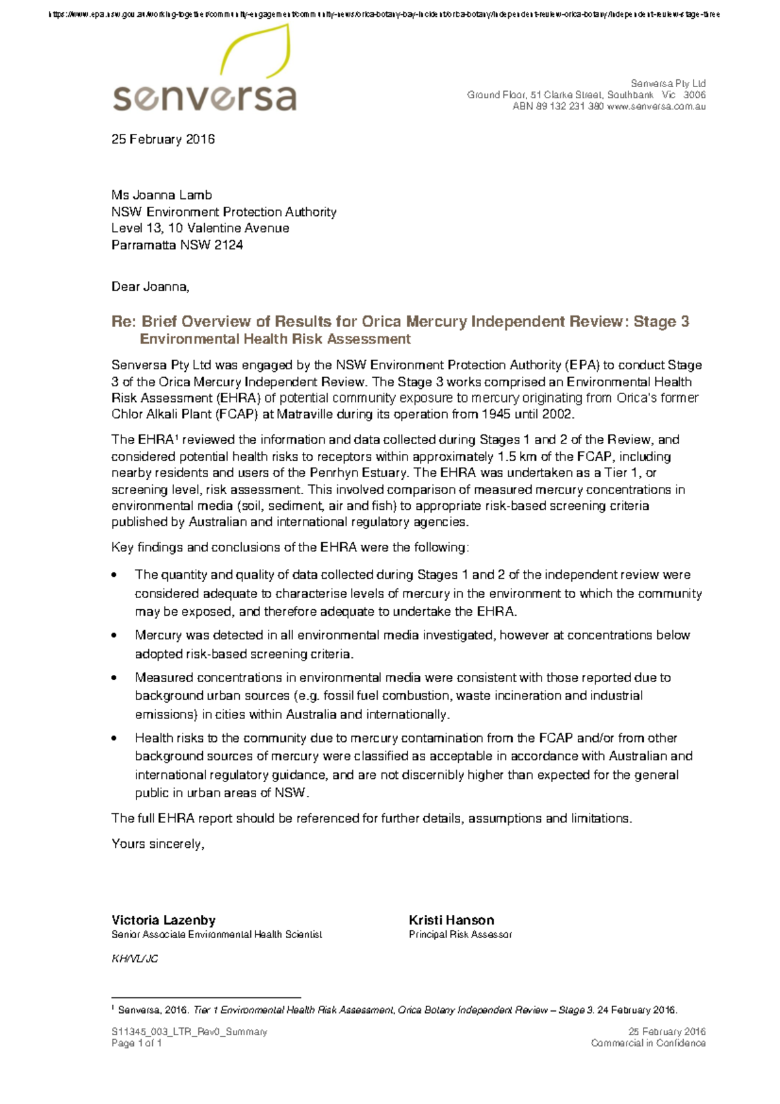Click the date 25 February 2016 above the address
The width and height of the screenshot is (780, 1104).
(x=162, y=139)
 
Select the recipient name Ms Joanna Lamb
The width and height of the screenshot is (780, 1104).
(x=161, y=195)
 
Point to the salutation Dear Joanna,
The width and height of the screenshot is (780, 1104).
(x=150, y=287)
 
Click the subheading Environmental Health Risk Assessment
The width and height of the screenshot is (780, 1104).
(x=275, y=339)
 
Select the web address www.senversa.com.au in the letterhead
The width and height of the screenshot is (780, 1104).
(x=656, y=107)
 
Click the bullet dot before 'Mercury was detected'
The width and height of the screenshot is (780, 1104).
(x=115, y=636)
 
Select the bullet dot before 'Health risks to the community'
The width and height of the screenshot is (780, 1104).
(x=115, y=739)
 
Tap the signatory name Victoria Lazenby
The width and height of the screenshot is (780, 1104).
(x=163, y=920)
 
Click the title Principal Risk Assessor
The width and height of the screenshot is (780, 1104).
(x=460, y=934)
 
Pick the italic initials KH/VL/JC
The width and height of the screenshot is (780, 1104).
(x=135, y=959)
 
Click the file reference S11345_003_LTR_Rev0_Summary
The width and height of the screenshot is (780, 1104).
(x=189, y=1032)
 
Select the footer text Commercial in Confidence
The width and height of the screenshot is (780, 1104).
(x=648, y=1043)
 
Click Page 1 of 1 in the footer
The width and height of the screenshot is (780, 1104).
(x=136, y=1043)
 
